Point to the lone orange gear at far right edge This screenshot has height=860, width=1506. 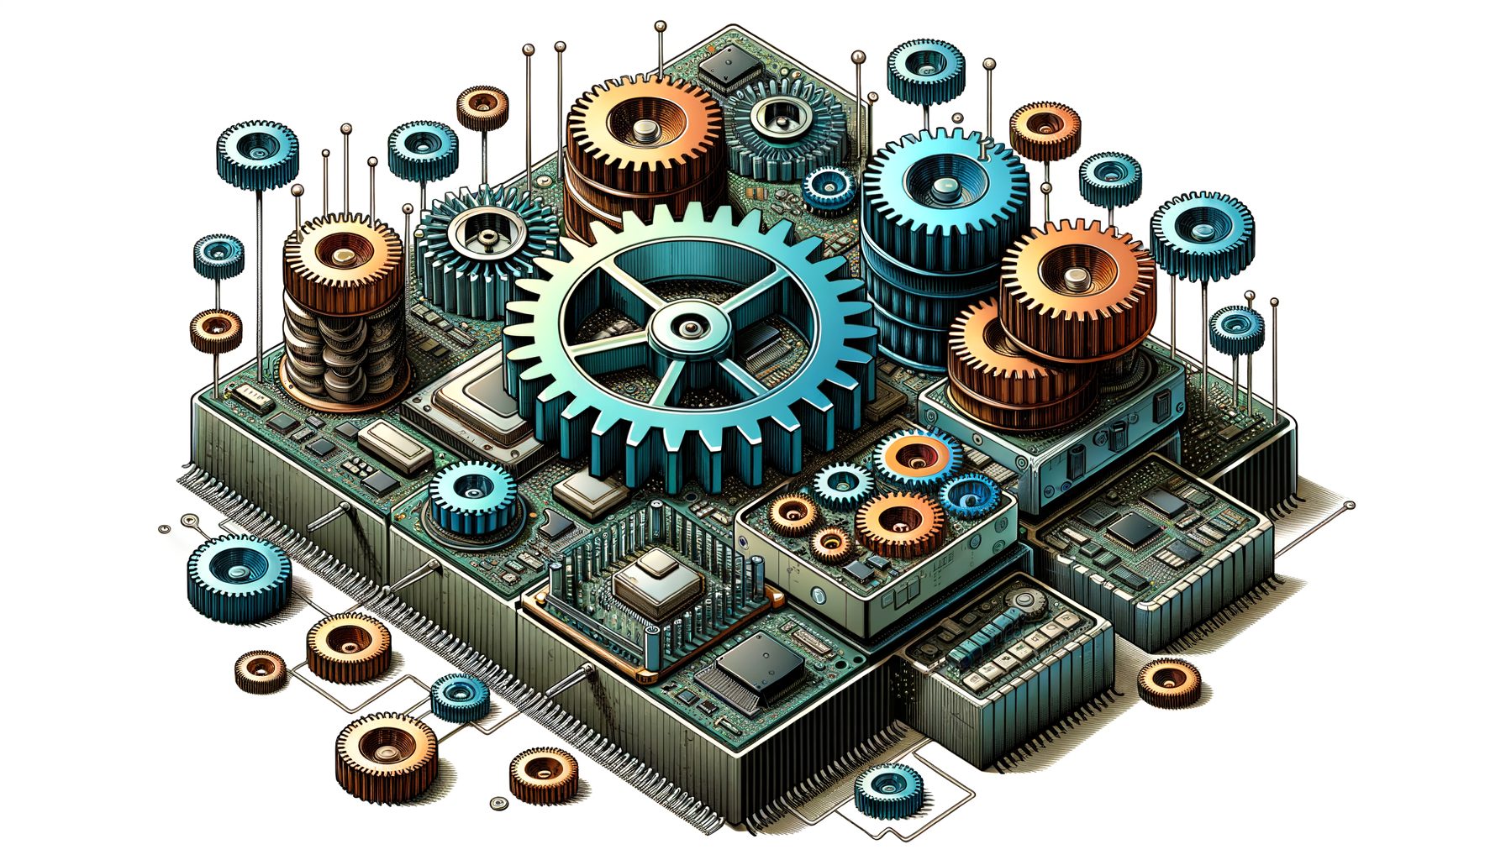[x=1168, y=681]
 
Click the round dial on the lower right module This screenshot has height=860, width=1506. [x=1024, y=601]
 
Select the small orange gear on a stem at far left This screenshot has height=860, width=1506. [x=216, y=328]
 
